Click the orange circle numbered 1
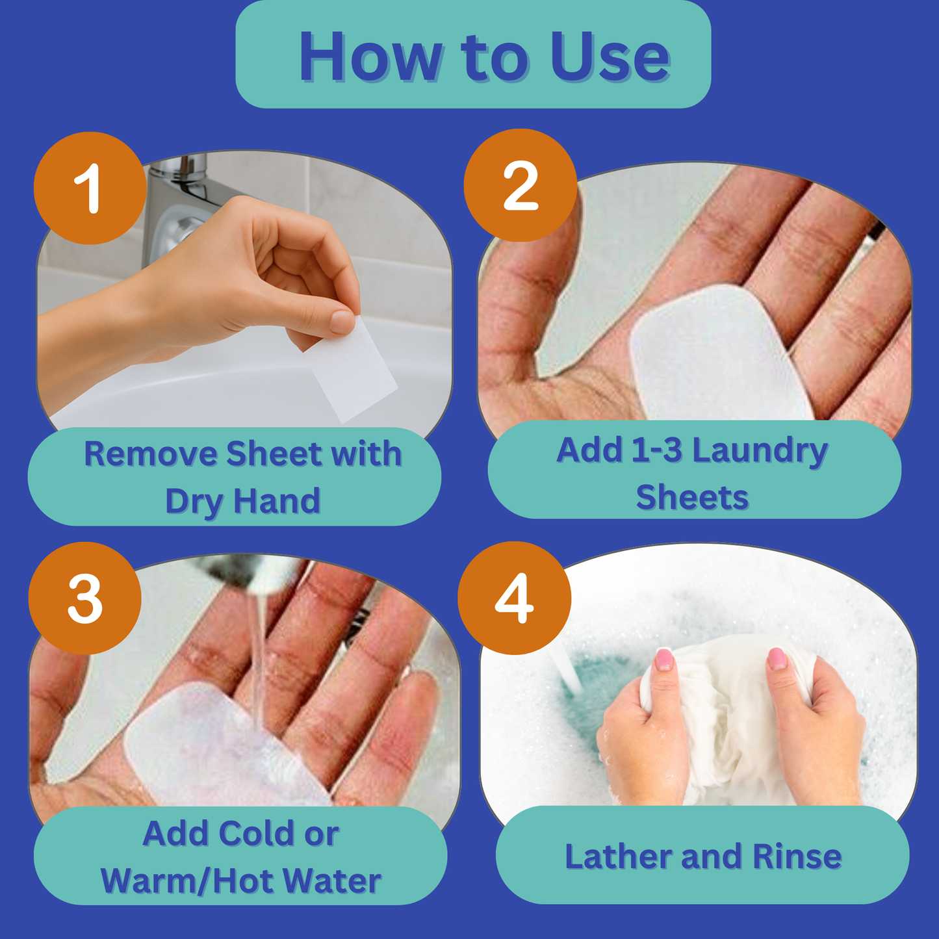(x=90, y=188)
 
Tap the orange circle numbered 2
(x=521, y=185)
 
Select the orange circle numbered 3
(x=84, y=598)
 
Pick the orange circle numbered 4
(x=515, y=598)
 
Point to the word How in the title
(x=371, y=57)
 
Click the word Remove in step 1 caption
(x=151, y=454)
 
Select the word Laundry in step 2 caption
(x=760, y=451)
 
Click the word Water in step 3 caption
(x=332, y=881)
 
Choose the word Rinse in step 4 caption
(x=797, y=856)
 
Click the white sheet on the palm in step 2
(x=716, y=355)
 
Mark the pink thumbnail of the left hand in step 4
(x=664, y=659)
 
